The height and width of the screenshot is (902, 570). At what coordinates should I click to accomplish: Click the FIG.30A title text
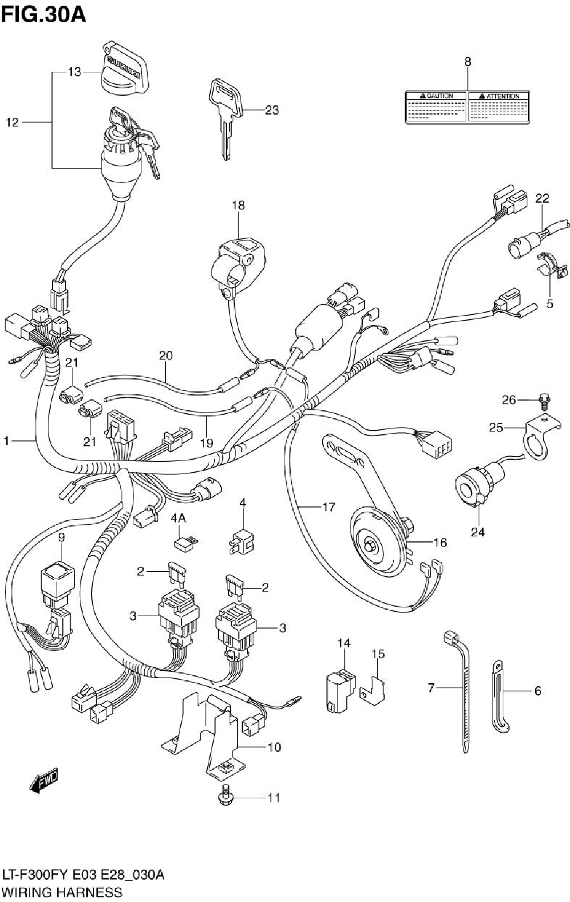tap(44, 14)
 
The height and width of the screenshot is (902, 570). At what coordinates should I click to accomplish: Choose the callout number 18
tap(238, 205)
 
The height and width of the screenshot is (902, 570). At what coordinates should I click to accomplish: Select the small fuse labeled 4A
tap(185, 544)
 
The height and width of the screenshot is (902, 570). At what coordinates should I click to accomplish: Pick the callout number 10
tap(274, 746)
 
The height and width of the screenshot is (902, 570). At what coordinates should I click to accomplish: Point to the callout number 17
tap(328, 506)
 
